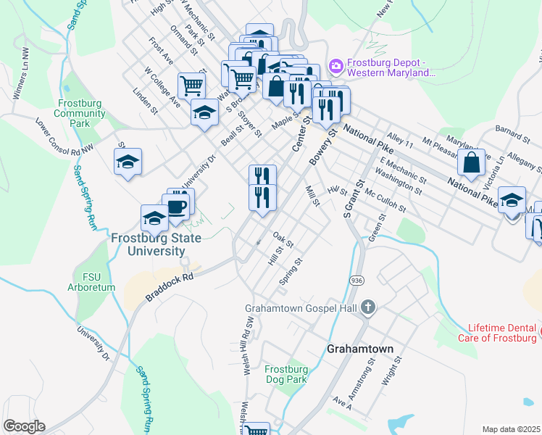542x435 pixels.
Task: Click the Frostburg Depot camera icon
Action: pos(335,67)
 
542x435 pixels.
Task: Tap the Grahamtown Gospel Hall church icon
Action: pos(368,307)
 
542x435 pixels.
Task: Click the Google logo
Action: pos(24,426)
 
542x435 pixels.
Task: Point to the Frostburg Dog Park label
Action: pos(285,373)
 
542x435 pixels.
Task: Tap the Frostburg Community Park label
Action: pos(80,113)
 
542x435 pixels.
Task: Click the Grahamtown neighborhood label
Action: pos(360,349)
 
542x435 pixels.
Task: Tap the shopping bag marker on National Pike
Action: pos(472,164)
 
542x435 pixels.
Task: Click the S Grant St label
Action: pos(351,199)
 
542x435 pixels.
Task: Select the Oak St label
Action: pos(283,239)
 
